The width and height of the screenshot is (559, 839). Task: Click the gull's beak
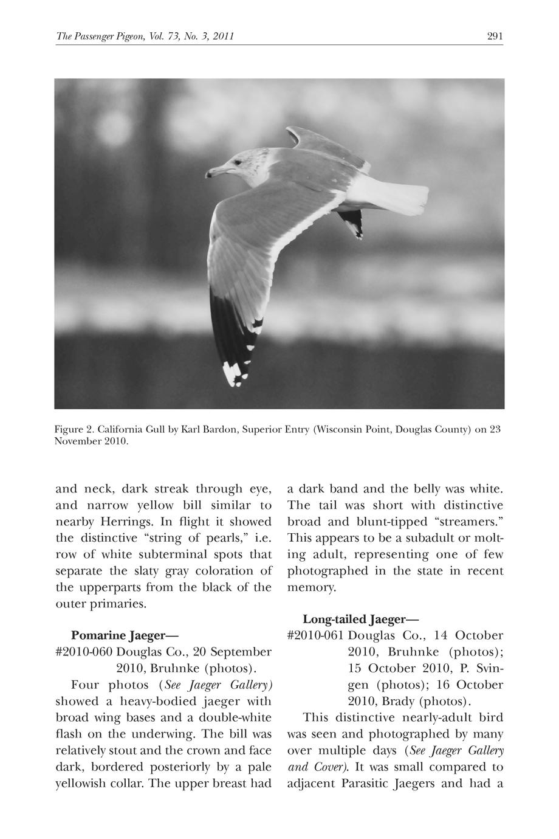[x=214, y=172]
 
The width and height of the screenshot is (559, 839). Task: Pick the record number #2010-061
[x=315, y=636]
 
